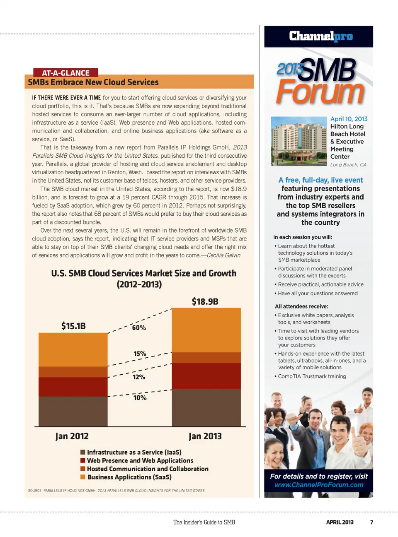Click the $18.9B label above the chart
[205, 301]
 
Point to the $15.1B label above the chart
[73, 326]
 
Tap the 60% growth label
[139, 327]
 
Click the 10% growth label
[140, 397]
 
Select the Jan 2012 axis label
[72, 436]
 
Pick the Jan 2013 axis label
[205, 436]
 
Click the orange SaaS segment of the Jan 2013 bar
[206, 330]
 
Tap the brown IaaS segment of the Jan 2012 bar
[73, 411]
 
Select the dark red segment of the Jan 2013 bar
[206, 376]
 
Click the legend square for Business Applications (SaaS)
[83, 477]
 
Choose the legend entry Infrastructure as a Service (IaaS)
[134, 452]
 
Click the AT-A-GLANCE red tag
[66, 73]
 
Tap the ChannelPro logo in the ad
[321, 36]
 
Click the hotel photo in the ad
[298, 141]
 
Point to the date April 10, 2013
[349, 119]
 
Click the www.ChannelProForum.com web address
[319, 485]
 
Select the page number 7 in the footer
[371, 522]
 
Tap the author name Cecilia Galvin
[223, 255]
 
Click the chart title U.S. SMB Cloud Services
[143, 273]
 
